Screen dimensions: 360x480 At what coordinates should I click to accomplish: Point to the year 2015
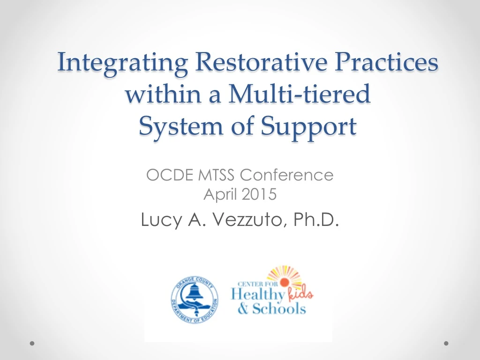tap(260, 194)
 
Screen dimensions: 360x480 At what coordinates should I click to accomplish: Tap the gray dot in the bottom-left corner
tap(32, 343)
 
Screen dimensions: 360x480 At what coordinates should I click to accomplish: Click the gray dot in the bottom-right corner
tap(446, 343)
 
